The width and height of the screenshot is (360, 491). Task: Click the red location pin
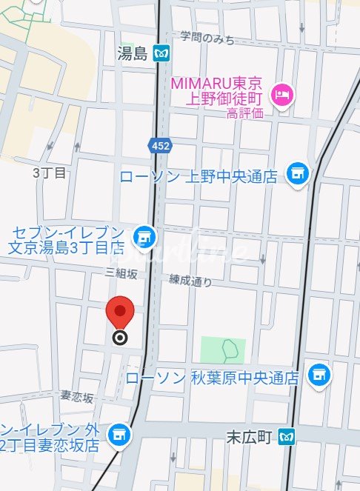[x=120, y=312]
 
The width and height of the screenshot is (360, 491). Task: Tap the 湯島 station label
[x=133, y=53]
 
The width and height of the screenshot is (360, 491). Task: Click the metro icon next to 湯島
[x=161, y=53]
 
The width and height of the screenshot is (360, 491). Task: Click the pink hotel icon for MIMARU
[x=282, y=94]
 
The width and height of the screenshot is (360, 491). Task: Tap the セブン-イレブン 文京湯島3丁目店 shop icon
[x=144, y=237]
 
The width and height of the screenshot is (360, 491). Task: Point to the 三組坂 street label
[x=121, y=273]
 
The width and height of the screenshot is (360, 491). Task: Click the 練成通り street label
[x=190, y=281]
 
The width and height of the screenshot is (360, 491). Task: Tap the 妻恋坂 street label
[x=78, y=398]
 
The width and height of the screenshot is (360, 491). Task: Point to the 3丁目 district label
[x=50, y=173]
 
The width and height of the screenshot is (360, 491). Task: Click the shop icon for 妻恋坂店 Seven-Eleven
[x=118, y=436]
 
